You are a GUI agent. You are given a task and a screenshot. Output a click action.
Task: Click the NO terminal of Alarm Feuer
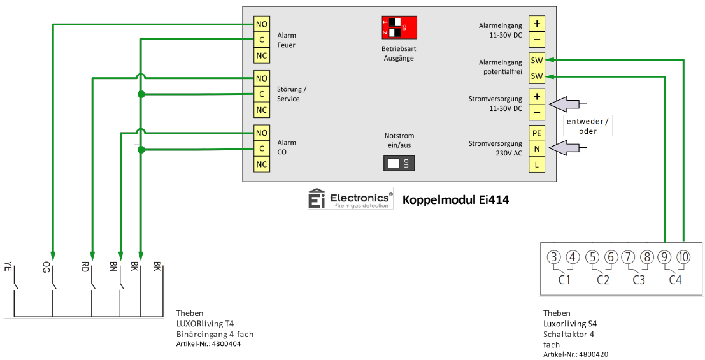coord(261,24)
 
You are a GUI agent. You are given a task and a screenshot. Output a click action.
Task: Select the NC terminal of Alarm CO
coord(261,164)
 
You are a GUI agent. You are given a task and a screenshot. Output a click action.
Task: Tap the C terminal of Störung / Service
coord(261,94)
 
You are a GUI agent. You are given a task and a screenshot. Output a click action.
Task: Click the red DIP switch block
coord(399,27)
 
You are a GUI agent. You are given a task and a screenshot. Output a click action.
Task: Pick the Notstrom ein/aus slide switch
coord(399,163)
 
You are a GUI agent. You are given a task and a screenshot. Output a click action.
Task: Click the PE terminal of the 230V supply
coord(537,133)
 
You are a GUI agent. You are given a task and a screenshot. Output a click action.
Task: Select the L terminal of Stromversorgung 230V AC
coord(537,164)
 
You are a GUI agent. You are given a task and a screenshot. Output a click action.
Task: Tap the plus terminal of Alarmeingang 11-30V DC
coord(537,24)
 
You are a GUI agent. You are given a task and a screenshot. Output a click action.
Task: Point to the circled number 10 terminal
coord(683,257)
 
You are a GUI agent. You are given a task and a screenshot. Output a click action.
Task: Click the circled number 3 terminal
coord(554,257)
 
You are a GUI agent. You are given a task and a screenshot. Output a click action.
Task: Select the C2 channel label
coord(603,279)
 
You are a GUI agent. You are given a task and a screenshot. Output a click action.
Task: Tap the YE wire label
coord(8,266)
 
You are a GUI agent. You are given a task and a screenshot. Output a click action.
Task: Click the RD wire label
coord(85,266)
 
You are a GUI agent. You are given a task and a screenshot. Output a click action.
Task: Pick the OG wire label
coord(46,266)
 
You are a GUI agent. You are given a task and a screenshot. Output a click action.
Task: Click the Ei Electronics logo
coord(350,199)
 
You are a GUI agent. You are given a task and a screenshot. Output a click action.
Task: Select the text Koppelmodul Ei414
coord(455,200)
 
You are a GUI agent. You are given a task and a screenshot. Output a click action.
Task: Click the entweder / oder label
coord(587,126)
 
